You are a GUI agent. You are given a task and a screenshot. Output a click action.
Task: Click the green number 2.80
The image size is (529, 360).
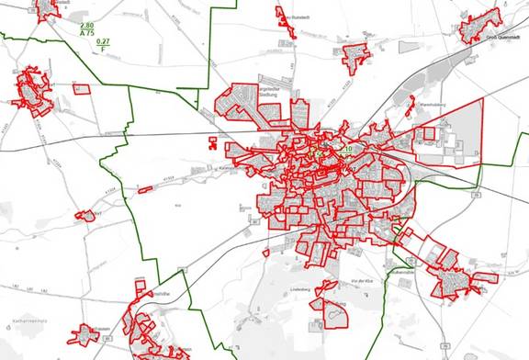[x=88, y=25]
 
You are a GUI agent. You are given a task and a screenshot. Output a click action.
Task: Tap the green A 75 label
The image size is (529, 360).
[x=88, y=33]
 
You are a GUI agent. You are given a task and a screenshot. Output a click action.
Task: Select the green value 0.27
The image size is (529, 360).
[x=103, y=42]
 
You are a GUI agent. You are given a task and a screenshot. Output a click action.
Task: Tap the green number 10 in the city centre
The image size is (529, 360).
[x=349, y=148]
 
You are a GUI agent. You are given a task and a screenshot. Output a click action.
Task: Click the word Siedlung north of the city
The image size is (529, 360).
[x=275, y=91]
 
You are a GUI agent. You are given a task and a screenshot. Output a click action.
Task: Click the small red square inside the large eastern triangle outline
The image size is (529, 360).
[x=429, y=134]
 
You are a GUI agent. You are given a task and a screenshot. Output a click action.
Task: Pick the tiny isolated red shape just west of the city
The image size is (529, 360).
[x=214, y=142]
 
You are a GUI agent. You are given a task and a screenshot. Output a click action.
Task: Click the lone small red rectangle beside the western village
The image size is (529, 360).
[x=82, y=89]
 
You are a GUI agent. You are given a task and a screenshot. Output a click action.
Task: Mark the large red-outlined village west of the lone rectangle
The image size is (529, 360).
[x=33, y=89]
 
